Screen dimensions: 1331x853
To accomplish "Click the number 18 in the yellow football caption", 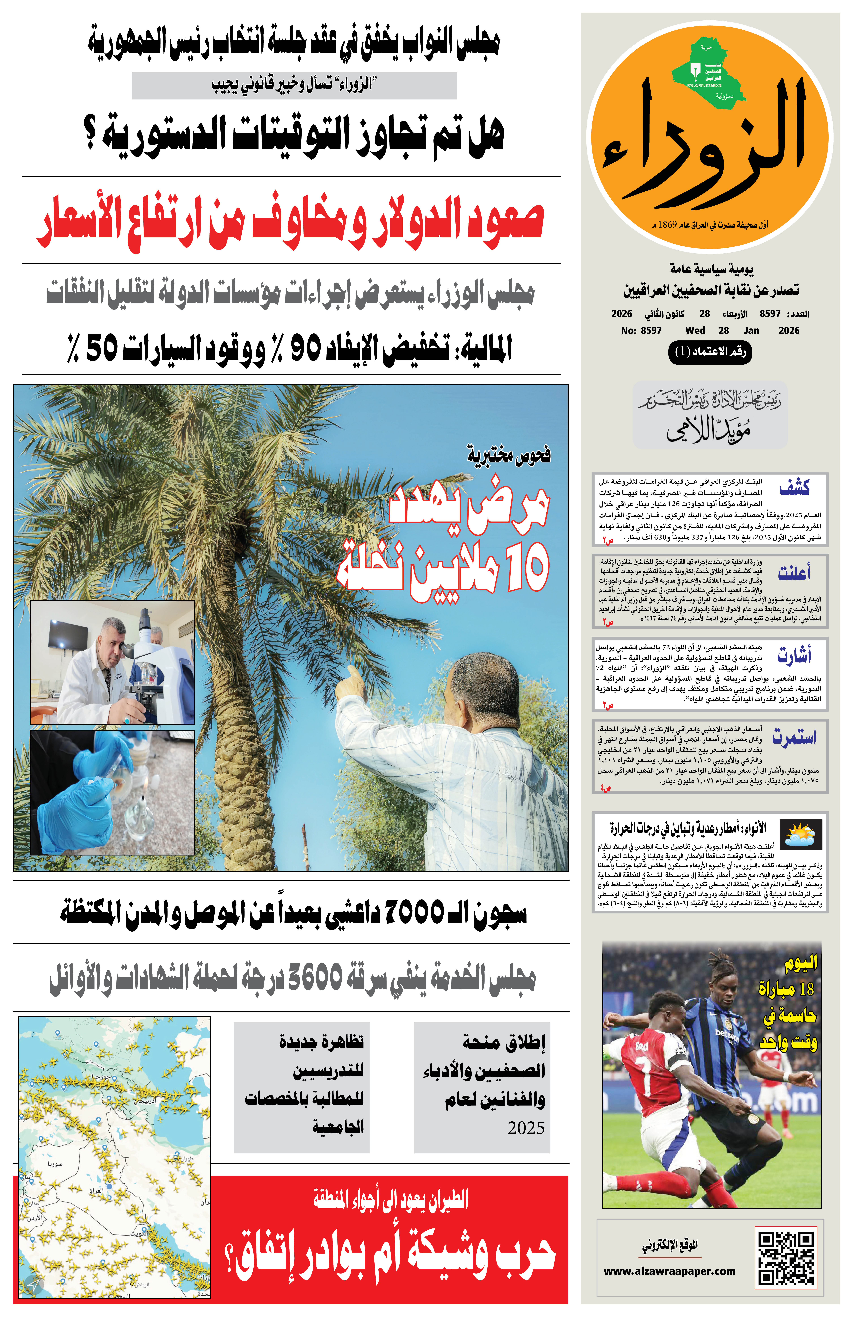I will click(x=806, y=988).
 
